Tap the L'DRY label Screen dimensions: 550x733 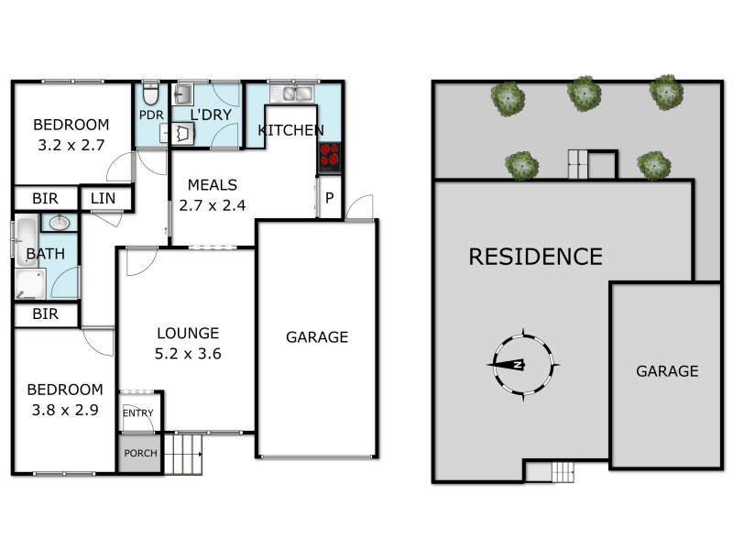coord(210,115)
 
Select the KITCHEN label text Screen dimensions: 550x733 coord(290,130)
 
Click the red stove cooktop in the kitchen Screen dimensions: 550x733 coord(329,157)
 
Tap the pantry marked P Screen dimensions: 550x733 coord(328,197)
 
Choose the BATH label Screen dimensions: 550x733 coord(45,254)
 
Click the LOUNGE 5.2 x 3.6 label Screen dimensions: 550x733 coord(187,343)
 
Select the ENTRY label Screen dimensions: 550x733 coord(137,412)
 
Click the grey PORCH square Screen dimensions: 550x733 coord(139,453)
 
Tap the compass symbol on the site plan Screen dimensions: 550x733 coord(520,364)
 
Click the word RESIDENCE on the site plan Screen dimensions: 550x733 coord(535,257)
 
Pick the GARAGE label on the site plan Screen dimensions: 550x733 coord(667,371)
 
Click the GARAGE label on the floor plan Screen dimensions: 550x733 coord(317,336)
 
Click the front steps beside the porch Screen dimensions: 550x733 coord(185,453)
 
